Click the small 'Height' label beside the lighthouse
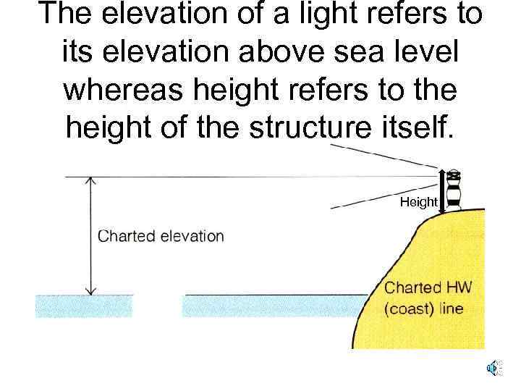[x=419, y=202]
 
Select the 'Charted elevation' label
[x=161, y=236]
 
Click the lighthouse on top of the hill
[x=454, y=190]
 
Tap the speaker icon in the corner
[x=492, y=368]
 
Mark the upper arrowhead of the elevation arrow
[x=90, y=180]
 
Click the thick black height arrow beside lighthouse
[x=441, y=189]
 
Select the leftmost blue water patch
[x=84, y=306]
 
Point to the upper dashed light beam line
[x=384, y=155]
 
